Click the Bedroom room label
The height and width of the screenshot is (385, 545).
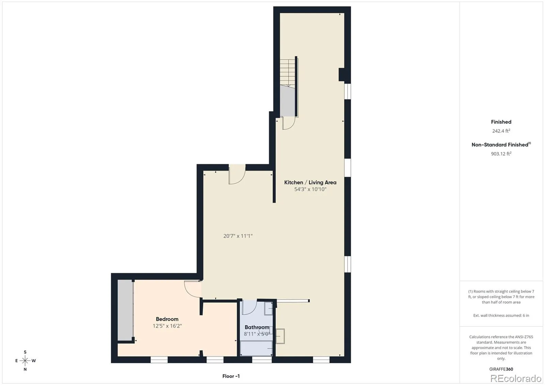coord(167,319)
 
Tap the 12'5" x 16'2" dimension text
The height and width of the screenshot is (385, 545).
coord(167,326)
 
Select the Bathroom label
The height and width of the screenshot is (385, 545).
coord(257,327)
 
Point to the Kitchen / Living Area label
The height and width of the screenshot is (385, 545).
coord(310,182)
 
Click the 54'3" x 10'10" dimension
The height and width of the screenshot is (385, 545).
coord(310,189)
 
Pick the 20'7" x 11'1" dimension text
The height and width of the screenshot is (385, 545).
coord(238,236)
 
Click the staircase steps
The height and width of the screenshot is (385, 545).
coord(287,72)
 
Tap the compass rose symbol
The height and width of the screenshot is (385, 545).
coord(25,360)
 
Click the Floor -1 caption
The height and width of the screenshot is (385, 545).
coord(231,376)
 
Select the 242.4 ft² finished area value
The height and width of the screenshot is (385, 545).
coord(501,131)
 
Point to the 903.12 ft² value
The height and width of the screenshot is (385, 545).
coord(501,154)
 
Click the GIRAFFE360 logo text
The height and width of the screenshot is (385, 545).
coord(501,369)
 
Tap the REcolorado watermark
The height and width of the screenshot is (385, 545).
coord(516,379)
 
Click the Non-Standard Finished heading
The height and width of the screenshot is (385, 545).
coord(501,145)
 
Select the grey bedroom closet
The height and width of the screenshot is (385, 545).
coord(125,310)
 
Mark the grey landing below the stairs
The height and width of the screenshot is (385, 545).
coord(287,101)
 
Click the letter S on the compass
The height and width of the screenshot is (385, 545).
coord(25,352)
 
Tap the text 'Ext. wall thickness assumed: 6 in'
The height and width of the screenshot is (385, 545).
coord(501,316)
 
